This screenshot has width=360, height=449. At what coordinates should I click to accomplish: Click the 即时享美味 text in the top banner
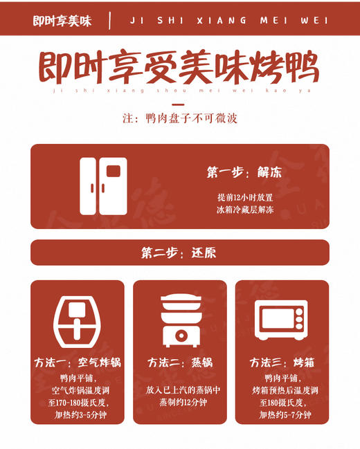coord(62,21)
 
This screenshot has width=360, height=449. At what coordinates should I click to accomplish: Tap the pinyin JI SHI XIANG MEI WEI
coord(228,21)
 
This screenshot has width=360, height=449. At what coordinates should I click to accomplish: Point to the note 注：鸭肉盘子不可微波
coord(180,118)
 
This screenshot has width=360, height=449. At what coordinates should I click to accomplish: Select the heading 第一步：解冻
coord(243,172)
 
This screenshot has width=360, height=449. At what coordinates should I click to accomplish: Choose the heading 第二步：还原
coord(179,253)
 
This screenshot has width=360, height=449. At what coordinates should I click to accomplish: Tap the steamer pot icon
coord(180,320)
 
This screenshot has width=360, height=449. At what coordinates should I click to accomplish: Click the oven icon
coord(282,320)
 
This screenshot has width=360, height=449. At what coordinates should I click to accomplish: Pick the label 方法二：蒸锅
coord(180,363)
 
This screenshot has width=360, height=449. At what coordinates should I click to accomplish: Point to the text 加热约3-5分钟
coord(78,415)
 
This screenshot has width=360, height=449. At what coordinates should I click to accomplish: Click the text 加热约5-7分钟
coord(285,415)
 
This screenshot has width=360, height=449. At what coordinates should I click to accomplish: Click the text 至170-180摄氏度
coord(78,403)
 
